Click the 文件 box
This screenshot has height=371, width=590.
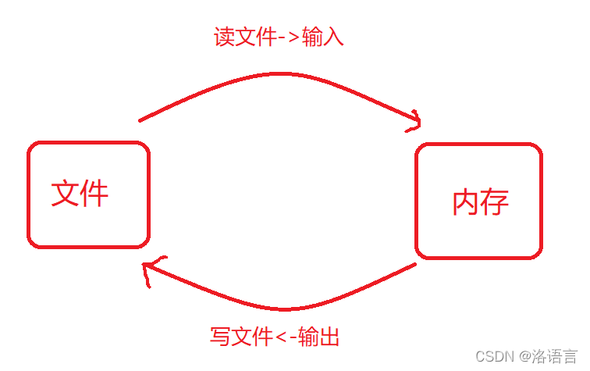(88, 194)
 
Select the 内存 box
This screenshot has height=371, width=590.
(478, 201)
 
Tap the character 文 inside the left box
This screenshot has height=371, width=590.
(66, 192)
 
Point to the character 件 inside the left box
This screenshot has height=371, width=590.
(94, 192)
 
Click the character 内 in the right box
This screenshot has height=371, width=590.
(466, 202)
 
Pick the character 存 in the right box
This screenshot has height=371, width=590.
(495, 202)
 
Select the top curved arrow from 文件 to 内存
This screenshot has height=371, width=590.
(273, 78)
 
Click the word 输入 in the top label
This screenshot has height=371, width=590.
(322, 37)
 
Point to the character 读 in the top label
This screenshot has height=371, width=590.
(225, 37)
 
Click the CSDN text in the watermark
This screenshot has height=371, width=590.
(492, 356)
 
